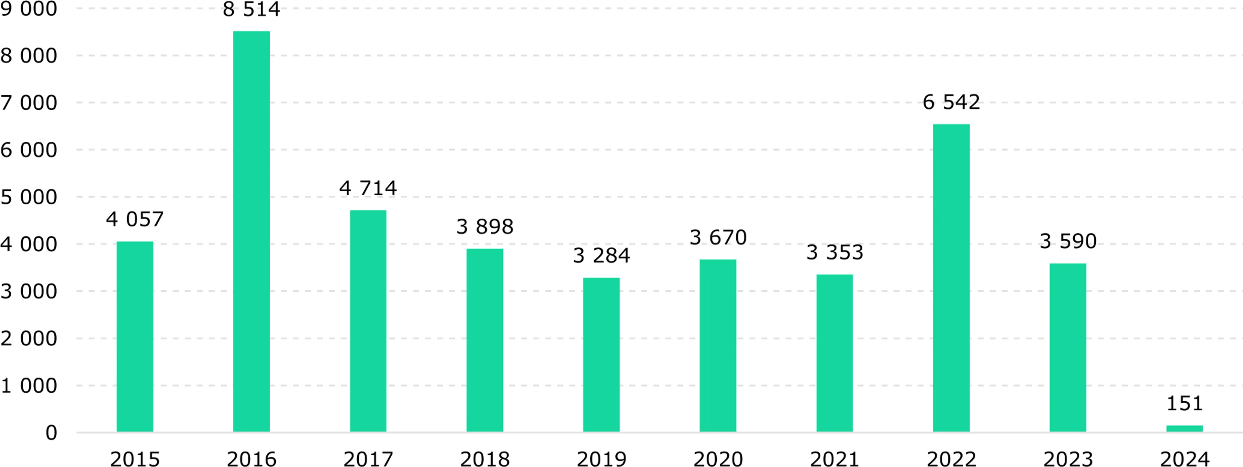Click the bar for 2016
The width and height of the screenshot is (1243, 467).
tap(252, 231)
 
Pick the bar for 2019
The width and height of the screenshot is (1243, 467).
tap(601, 355)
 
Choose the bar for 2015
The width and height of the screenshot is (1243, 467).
tap(135, 336)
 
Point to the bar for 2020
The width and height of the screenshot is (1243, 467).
tap(718, 345)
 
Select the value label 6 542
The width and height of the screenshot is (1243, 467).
tap(951, 102)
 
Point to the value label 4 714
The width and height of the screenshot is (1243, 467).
tap(368, 188)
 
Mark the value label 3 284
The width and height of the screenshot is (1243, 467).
tap(601, 255)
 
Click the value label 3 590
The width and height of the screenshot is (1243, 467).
tap(1068, 241)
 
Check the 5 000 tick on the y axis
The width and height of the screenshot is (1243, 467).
tap(29, 197)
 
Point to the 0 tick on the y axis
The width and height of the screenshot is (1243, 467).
tap(51, 433)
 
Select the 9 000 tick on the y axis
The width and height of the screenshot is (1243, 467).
tap(29, 9)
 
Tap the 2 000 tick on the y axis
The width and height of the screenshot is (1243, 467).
tap(29, 338)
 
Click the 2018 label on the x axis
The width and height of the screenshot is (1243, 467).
tap(485, 459)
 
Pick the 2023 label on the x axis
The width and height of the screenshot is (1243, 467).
tap(1068, 459)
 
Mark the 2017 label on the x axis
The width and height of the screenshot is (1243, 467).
tap(368, 459)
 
